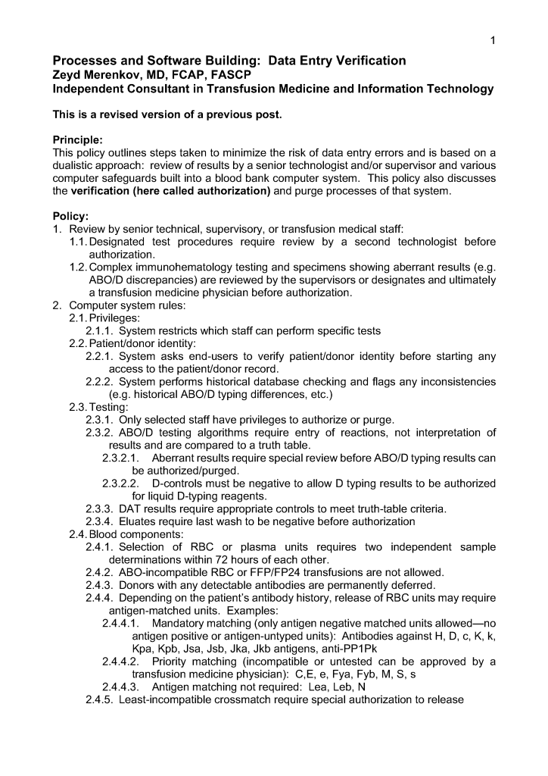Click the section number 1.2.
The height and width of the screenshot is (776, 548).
click(x=77, y=267)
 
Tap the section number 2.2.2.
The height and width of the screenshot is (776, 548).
click(x=101, y=381)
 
